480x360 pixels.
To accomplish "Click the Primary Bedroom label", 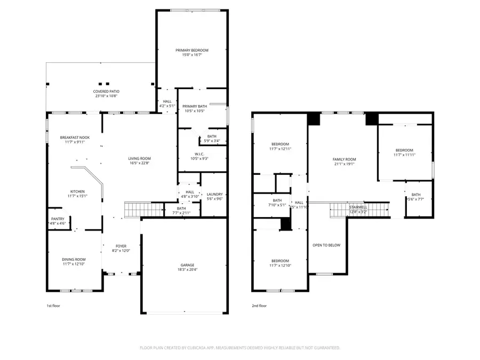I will click(192, 50).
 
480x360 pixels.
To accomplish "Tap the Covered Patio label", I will click(103, 92).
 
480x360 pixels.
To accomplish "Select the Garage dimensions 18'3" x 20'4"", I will click(187, 270).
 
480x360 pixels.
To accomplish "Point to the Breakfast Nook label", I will click(75, 138).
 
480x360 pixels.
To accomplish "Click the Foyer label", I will click(121, 246).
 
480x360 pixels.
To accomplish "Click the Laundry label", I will click(214, 194).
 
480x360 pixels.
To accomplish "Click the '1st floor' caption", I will click(53, 306).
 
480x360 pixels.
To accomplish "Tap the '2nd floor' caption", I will click(259, 306).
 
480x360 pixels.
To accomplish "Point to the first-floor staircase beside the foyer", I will click(132, 210).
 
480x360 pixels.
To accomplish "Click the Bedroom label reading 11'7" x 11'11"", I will click(404, 150).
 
